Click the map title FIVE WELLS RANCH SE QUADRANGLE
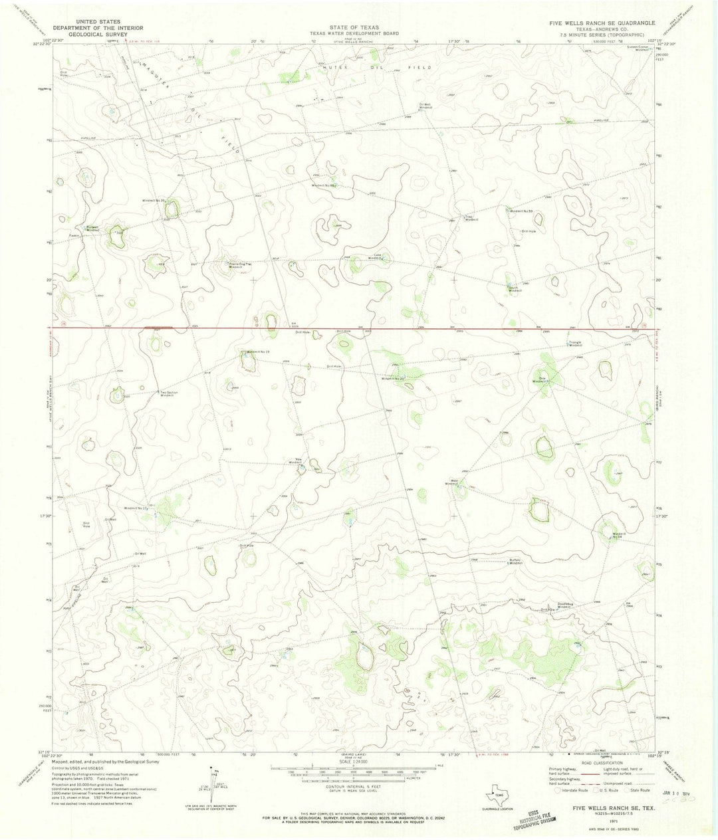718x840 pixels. (599, 22)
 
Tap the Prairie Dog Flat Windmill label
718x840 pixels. (240, 265)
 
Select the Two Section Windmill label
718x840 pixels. (169, 394)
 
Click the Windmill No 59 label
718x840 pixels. (522, 211)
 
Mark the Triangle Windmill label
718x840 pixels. (574, 344)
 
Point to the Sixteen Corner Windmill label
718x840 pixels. (636, 49)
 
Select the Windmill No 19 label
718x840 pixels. (258, 351)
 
